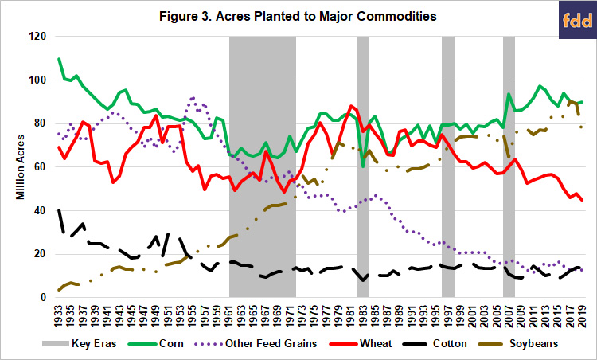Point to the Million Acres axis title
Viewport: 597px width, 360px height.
[x=21, y=166]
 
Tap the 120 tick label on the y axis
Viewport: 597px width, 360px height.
[x=38, y=37]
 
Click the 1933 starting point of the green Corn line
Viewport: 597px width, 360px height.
[x=59, y=59]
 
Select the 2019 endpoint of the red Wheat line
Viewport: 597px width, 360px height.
[x=582, y=200]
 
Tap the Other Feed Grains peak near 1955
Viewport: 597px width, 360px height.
[x=193, y=98]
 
